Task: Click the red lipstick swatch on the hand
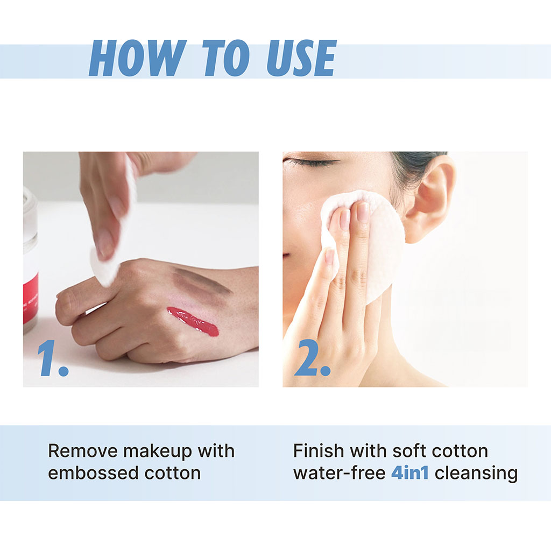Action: point(193,321)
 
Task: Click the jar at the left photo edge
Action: point(30,258)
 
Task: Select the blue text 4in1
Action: point(409,473)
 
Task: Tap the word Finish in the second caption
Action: point(318,451)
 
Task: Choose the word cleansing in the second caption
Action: point(476,473)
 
